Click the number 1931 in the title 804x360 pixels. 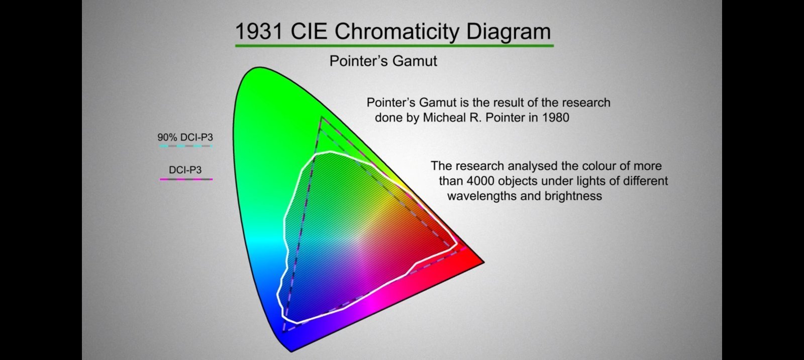[258, 31]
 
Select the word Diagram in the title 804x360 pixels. [508, 32]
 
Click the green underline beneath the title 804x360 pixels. [394, 46]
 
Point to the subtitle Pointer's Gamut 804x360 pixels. [383, 61]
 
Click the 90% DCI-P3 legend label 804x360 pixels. [185, 137]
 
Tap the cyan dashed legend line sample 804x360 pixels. [186, 146]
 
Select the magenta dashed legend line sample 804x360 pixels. [186, 179]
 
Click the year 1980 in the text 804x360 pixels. [556, 118]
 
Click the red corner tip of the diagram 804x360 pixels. [483, 262]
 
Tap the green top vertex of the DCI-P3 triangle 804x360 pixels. [322, 118]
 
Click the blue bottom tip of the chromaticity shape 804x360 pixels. [291, 350]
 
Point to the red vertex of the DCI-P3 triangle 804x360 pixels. [466, 248]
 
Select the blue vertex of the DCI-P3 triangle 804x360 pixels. [283, 332]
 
